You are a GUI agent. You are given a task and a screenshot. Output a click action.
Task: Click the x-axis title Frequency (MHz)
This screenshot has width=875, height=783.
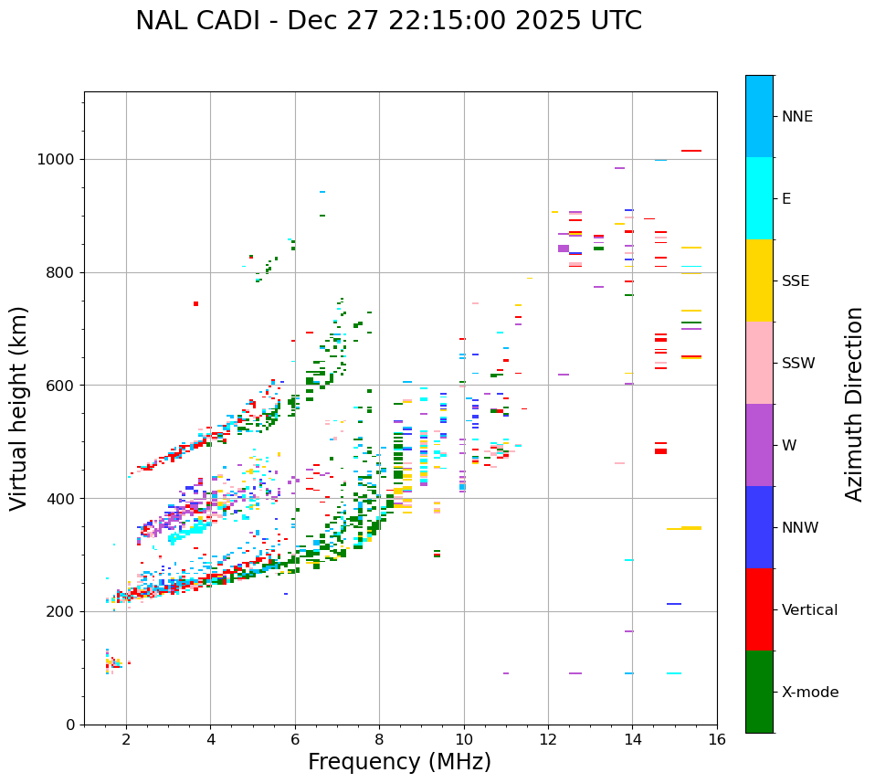pos(399,762)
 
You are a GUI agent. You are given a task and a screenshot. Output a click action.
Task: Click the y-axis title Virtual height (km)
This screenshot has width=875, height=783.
pos(19,408)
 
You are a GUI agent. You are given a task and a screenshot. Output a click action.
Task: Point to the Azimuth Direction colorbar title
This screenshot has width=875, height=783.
pos(854,404)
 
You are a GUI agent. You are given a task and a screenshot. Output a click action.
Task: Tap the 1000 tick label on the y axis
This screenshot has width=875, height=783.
pos(55,159)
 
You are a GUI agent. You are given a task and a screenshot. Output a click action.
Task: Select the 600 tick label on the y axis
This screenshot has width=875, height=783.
pos(59,385)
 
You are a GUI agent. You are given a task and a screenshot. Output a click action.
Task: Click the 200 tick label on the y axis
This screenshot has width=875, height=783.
pos(59,611)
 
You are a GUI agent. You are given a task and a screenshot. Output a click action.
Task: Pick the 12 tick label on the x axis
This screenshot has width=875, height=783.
pos(548,739)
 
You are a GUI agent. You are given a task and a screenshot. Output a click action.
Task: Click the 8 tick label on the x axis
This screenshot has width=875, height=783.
pos(379,739)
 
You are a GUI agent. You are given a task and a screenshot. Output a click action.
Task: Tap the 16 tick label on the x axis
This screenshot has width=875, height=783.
pos(717,739)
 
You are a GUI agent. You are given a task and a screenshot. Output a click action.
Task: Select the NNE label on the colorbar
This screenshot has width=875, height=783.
pos(797,117)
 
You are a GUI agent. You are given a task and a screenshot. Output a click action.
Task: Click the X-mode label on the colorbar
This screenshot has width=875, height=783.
pos(810,693)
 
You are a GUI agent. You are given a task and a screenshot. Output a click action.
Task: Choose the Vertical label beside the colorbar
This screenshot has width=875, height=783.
pos(809,610)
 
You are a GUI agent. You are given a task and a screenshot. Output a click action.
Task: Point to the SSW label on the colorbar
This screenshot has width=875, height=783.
pos(798,364)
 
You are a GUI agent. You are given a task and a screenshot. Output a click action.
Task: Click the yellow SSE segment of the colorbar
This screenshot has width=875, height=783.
pos(759,280)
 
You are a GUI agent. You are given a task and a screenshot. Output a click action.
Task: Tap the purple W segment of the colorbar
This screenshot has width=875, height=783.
pos(759,445)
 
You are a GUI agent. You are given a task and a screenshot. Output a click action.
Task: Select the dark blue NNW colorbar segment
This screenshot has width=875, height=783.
pos(759,527)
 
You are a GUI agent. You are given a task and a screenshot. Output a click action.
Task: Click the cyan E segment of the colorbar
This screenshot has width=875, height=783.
pos(759,198)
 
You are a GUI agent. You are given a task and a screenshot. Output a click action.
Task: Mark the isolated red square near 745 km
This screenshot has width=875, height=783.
pos(195,303)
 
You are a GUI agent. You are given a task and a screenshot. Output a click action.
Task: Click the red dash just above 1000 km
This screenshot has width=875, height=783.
pos(691,151)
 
